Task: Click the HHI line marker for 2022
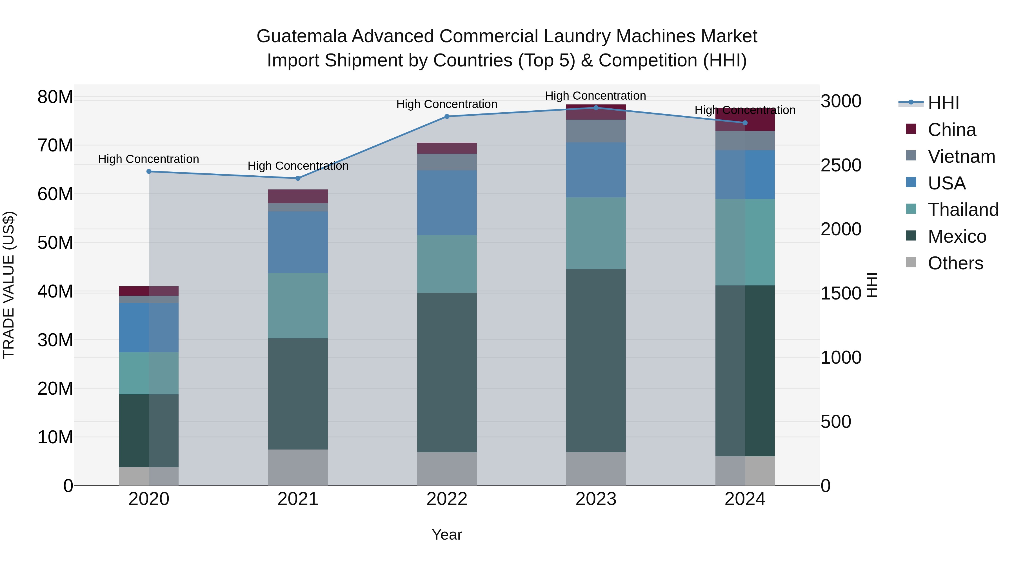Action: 447,117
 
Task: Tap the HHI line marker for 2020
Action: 149,171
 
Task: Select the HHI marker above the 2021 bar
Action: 298,178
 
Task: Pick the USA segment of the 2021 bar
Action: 298,242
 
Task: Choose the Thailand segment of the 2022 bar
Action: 447,264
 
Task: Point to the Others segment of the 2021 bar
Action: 298,467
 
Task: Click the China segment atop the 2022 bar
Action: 447,148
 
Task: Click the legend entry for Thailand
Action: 963,210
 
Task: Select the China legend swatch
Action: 911,129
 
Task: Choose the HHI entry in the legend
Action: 943,103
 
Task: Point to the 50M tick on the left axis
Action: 55,243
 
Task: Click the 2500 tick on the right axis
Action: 841,165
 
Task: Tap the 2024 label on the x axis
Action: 745,499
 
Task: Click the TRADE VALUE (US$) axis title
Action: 9,285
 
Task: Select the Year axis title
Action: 447,535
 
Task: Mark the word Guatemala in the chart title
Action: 301,36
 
